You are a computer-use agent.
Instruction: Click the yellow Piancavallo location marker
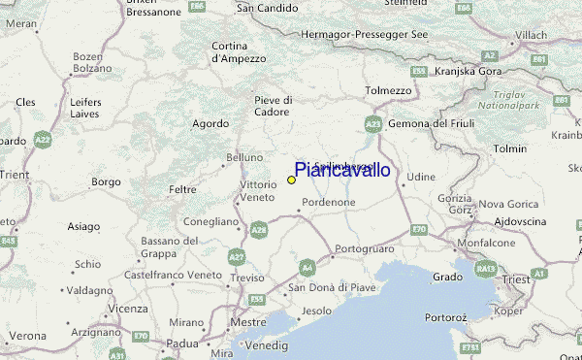coord(291,180)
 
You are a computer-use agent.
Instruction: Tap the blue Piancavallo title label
coord(341,171)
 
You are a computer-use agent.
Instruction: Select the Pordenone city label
coord(329,202)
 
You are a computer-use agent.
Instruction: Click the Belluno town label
coord(244,157)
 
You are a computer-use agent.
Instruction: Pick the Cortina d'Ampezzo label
coord(239,51)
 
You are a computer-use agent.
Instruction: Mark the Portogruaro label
coord(361,249)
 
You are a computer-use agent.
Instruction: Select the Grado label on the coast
coord(447,277)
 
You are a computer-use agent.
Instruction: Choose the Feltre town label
coord(182,189)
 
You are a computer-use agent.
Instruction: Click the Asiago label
coord(83,226)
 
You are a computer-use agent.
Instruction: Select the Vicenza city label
coord(128,309)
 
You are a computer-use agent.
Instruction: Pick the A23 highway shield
coord(373,124)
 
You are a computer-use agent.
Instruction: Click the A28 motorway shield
coord(259,229)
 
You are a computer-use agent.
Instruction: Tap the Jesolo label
coord(316,311)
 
